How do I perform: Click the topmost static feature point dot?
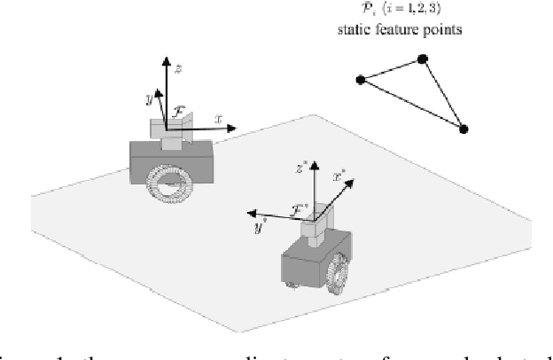point(423,59)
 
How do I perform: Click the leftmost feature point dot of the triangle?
point(360,81)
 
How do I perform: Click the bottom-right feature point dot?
point(463,129)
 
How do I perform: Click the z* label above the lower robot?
point(301,166)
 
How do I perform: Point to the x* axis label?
point(338,176)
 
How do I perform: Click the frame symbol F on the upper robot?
point(178,111)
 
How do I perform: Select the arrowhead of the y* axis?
point(251,214)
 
